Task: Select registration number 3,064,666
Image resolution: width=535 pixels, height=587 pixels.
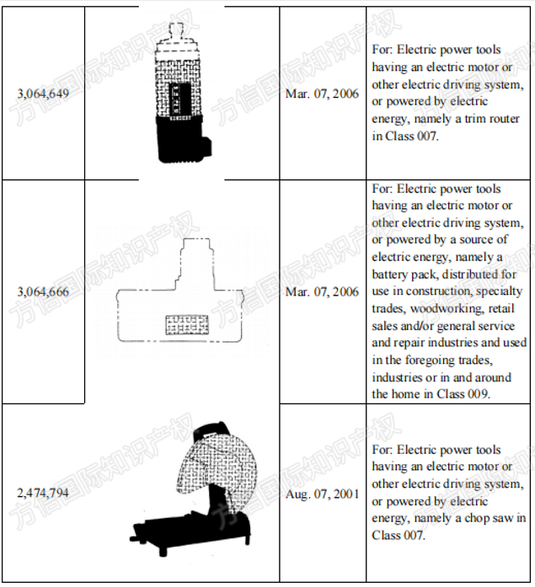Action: pos(43,292)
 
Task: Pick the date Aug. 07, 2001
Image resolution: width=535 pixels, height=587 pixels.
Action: pos(322,494)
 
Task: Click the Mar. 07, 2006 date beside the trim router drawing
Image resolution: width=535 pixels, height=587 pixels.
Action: pos(322,94)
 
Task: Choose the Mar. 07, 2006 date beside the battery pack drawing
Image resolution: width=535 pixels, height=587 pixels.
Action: pos(322,292)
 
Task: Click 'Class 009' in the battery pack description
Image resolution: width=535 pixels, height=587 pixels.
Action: pos(482,394)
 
